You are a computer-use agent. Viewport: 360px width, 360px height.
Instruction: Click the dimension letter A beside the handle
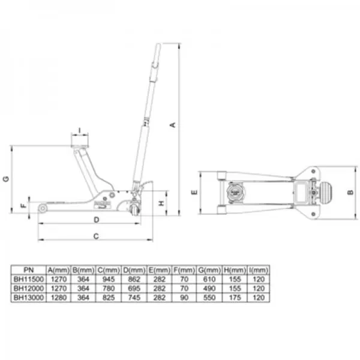click(173, 125)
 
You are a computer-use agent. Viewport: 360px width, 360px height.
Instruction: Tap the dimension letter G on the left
click(6, 179)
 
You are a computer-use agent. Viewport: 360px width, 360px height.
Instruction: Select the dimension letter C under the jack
click(96, 236)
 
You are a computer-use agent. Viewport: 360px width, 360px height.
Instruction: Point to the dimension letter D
click(97, 220)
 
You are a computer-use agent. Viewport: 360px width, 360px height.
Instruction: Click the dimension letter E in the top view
click(194, 192)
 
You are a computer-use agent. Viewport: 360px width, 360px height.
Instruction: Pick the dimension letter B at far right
click(350, 192)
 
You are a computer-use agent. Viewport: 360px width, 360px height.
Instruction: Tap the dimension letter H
click(161, 203)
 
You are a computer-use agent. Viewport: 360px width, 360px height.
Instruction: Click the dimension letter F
click(24, 205)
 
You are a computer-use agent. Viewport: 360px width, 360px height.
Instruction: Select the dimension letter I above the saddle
click(80, 130)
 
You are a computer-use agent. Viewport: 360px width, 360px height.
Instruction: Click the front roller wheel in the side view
click(43, 208)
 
